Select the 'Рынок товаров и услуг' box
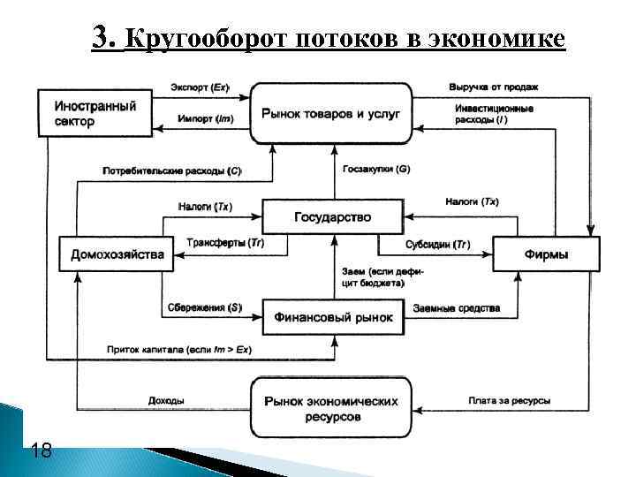(331, 113)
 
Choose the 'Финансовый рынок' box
(332, 316)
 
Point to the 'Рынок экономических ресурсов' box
(331, 408)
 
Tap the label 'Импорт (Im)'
(205, 117)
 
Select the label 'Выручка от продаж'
(493, 87)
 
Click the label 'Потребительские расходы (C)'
(172, 169)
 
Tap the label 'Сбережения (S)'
(204, 307)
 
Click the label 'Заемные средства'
(456, 308)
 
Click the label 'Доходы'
(166, 401)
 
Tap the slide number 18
(41, 451)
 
